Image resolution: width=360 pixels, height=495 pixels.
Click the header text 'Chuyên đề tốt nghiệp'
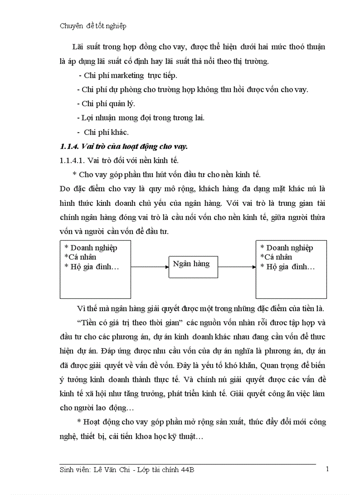coord(93,26)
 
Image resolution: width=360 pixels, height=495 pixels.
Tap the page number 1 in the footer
coord(327,469)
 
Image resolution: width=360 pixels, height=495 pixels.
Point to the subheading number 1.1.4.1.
coord(72,160)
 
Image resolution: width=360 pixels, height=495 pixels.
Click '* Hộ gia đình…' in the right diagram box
coord(287,266)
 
